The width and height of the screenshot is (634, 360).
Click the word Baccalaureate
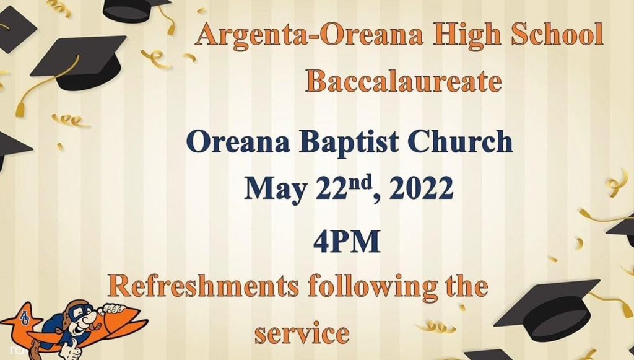click(403, 81)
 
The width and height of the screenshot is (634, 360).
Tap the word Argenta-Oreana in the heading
click(310, 35)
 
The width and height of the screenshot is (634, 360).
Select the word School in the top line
click(557, 33)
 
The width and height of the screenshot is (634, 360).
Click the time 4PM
click(347, 241)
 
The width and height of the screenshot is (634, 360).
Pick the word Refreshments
click(203, 286)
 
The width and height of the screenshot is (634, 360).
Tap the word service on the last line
click(302, 333)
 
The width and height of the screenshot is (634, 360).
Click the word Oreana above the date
click(238, 141)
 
